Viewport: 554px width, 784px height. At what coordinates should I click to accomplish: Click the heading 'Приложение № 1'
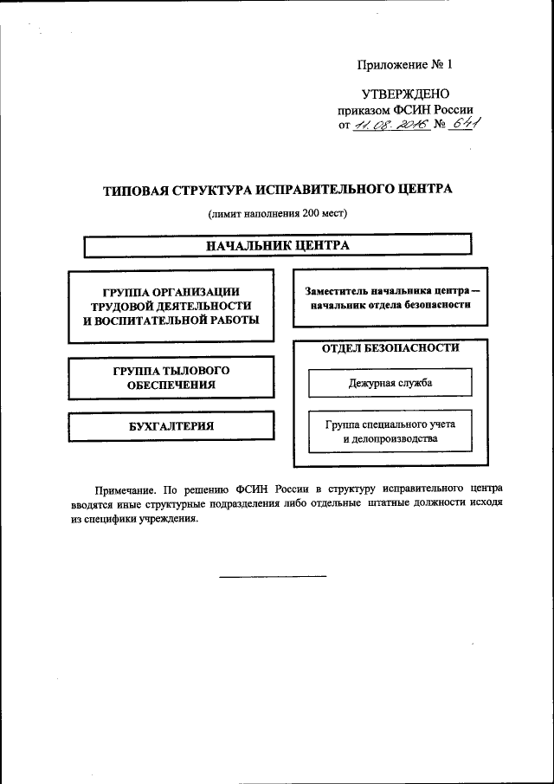pos(405,65)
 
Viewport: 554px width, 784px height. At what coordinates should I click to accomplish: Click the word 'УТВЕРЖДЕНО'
pos(405,94)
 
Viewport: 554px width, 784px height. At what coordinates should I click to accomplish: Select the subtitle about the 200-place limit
pos(277,213)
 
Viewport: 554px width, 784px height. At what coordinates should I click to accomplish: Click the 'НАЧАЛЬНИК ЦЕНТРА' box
pos(277,245)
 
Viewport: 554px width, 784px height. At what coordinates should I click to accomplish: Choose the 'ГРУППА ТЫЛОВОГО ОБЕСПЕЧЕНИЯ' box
pos(171,378)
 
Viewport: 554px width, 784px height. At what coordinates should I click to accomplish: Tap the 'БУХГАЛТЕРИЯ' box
pos(171,426)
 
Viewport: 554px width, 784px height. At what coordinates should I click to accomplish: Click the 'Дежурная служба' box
pos(390,382)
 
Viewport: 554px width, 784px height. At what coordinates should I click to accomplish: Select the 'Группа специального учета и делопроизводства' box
pos(390,431)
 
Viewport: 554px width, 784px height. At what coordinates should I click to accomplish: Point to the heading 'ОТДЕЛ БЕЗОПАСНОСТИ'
pos(390,348)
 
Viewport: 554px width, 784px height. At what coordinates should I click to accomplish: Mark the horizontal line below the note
pos(272,576)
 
